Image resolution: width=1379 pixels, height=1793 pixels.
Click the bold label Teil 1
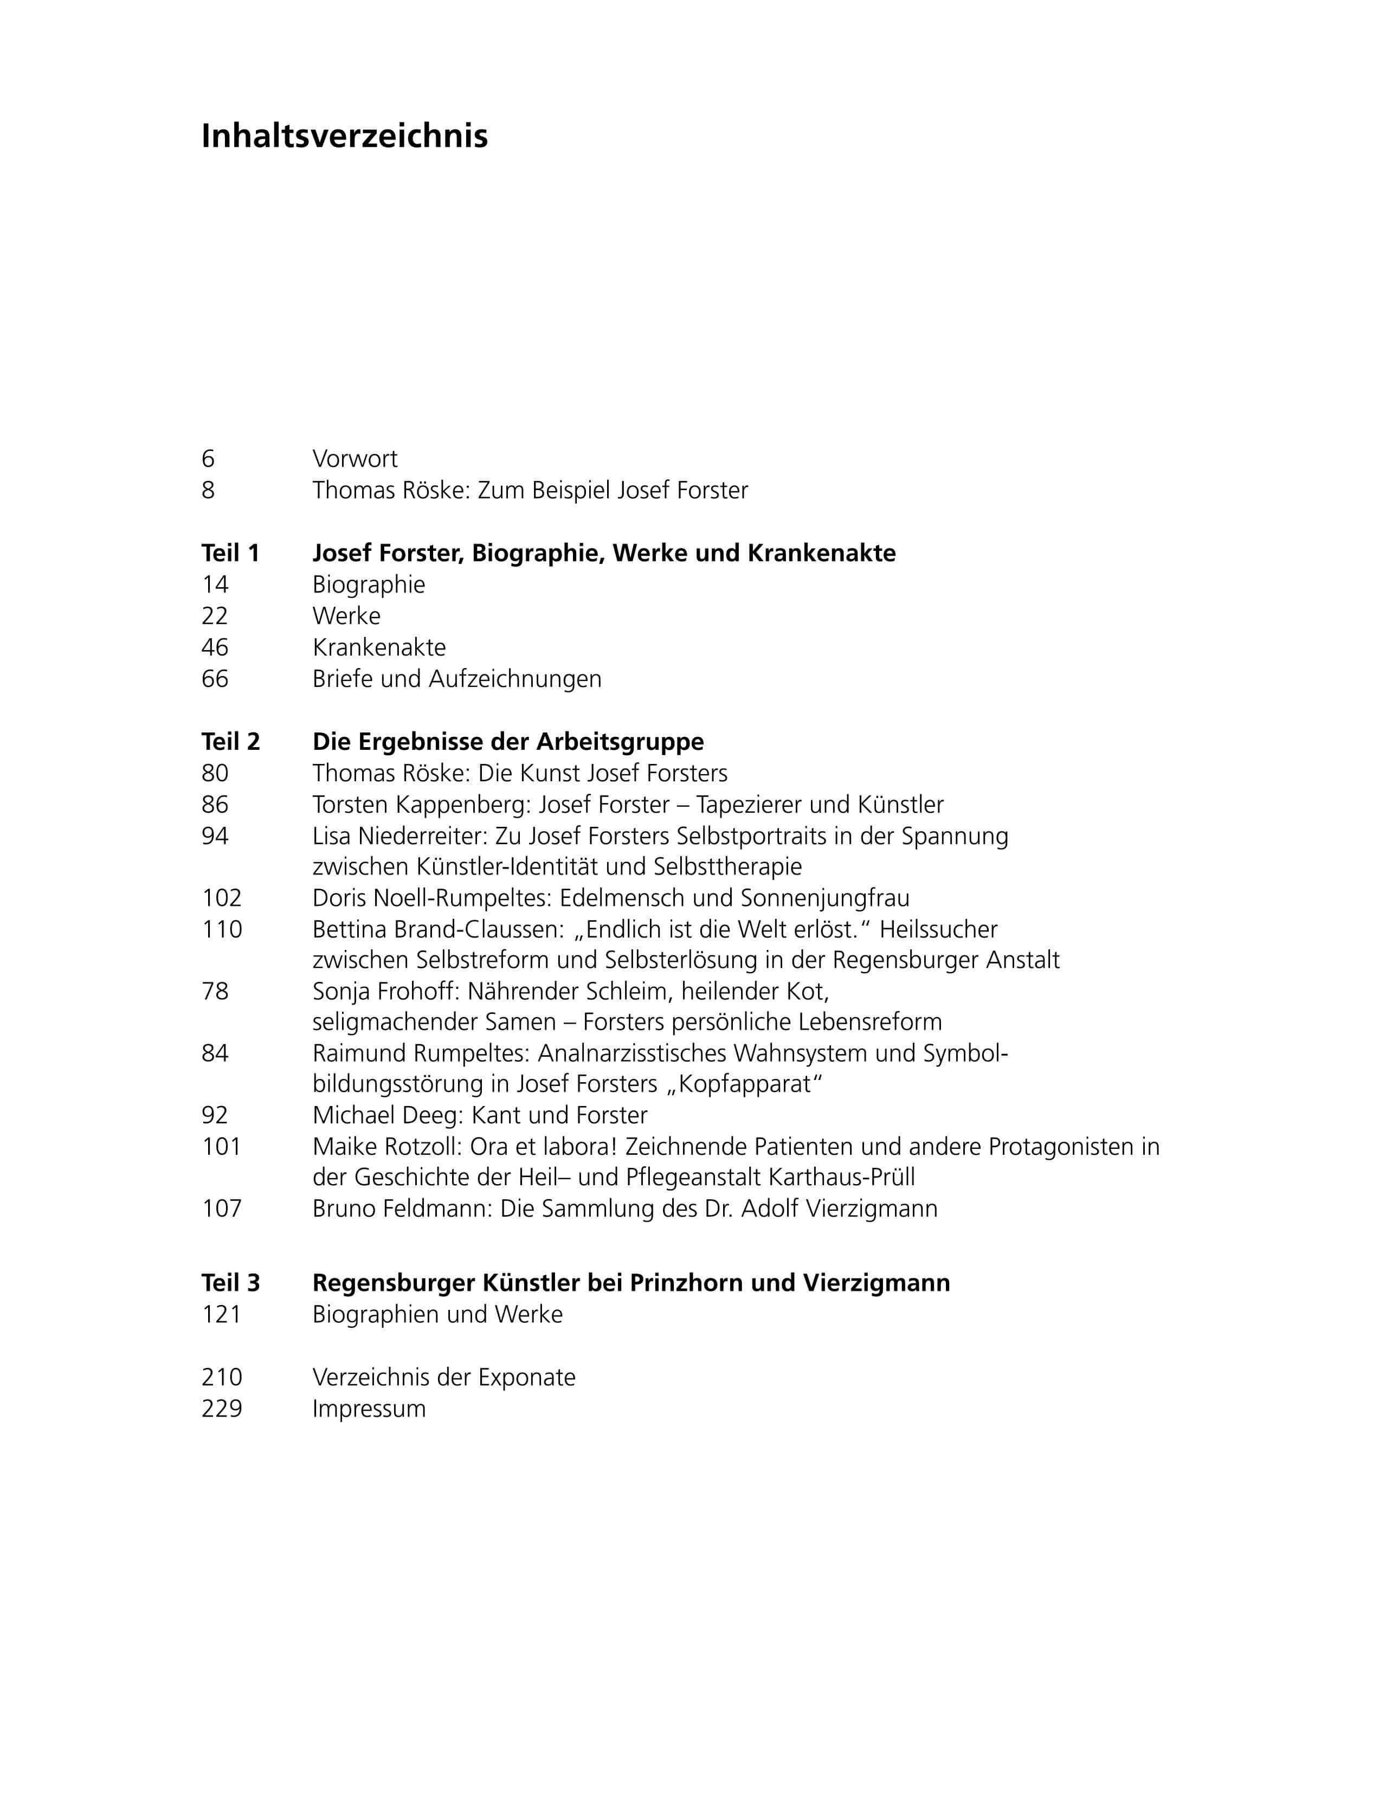point(231,554)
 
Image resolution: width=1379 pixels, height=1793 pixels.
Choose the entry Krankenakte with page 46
point(379,648)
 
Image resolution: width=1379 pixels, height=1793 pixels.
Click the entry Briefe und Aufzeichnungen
point(456,679)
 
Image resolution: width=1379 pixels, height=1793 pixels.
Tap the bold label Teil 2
point(231,742)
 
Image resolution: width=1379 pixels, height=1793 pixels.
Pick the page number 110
point(222,929)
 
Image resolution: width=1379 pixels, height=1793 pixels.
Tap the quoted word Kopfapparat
point(744,1084)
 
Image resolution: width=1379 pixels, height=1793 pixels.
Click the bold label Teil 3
point(231,1283)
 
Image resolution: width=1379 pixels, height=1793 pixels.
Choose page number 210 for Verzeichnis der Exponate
point(222,1378)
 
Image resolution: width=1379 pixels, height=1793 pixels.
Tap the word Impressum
point(369,1409)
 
